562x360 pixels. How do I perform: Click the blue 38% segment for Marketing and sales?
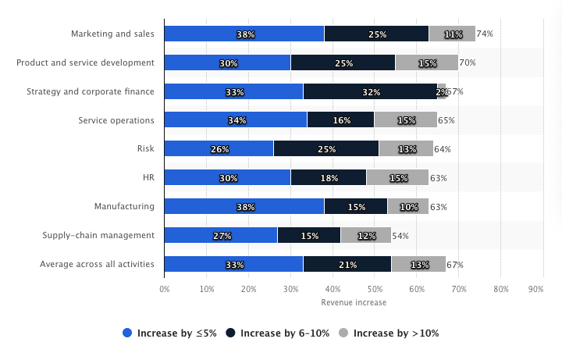[244, 34]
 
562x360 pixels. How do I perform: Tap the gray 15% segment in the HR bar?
[397, 178]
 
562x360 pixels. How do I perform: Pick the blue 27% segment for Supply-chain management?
[221, 235]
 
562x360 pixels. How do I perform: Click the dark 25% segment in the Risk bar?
[326, 149]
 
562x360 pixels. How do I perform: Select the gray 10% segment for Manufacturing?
[408, 206]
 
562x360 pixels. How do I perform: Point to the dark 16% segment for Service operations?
[340, 120]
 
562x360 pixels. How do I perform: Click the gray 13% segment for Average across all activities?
[418, 264]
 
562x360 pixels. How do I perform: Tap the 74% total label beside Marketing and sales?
[485, 34]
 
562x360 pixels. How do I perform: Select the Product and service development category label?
[85, 62]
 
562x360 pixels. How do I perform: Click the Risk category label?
[145, 149]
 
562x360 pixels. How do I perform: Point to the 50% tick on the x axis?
[375, 289]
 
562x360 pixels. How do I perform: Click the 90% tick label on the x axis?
[536, 289]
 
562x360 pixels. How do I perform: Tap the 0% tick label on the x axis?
[165, 289]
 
